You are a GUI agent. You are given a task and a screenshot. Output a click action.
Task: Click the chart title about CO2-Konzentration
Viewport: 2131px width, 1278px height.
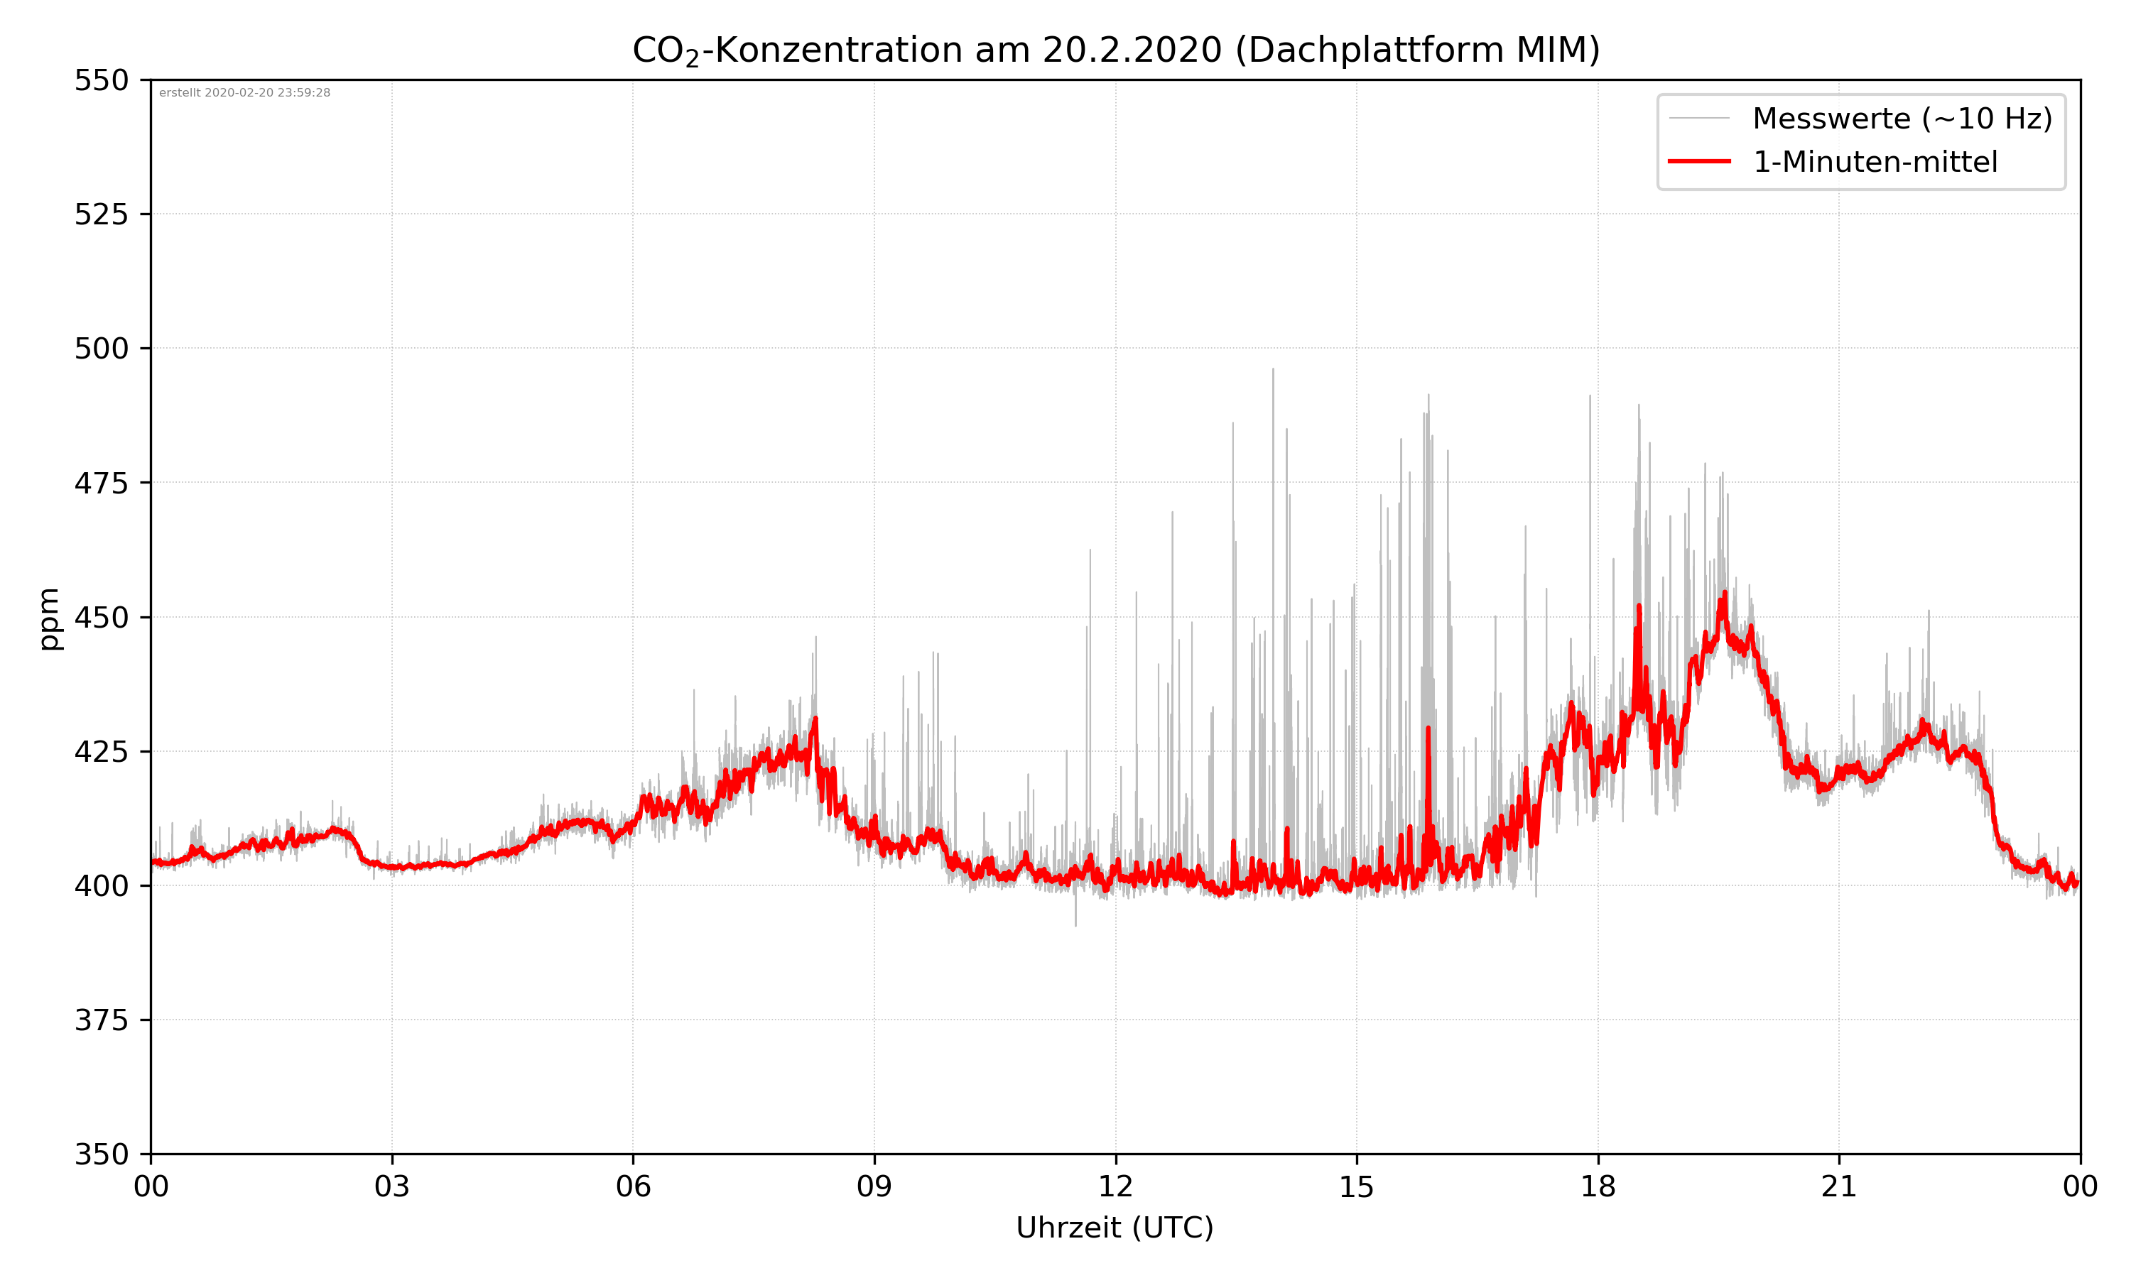click(1115, 50)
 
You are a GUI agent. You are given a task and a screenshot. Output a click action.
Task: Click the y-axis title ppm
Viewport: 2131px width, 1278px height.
click(49, 618)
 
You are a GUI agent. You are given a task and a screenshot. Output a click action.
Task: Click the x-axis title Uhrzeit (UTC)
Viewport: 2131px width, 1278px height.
click(1115, 1227)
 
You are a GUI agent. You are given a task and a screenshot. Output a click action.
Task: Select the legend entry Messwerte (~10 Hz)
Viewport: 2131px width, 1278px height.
click(1902, 119)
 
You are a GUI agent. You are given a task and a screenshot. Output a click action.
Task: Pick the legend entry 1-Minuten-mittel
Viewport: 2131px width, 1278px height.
click(1875, 162)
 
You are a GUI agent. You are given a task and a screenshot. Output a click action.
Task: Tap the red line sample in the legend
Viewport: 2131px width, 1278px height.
click(1698, 162)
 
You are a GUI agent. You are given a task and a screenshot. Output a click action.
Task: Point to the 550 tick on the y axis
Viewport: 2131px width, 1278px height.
click(101, 80)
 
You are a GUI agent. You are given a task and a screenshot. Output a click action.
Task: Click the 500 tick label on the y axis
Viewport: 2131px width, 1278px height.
click(101, 349)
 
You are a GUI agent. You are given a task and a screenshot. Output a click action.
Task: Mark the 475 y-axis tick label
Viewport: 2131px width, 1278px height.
click(101, 483)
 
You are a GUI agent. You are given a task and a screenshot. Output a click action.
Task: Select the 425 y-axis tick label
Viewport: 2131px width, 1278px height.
click(101, 752)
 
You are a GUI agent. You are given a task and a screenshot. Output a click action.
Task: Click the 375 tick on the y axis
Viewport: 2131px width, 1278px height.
click(101, 1020)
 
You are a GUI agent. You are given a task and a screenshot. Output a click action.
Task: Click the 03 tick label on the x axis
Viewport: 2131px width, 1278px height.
click(392, 1186)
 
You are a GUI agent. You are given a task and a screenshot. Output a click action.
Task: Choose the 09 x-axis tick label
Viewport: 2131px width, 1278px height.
click(874, 1186)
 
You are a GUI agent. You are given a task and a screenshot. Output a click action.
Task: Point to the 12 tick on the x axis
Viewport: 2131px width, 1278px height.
click(1115, 1186)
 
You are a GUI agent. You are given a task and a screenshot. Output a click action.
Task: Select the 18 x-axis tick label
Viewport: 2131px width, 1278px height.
click(1598, 1186)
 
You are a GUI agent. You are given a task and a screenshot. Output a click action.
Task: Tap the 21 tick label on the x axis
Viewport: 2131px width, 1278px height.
click(1839, 1186)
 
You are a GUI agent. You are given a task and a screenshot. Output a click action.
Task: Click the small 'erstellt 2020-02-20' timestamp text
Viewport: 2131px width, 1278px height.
click(244, 93)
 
